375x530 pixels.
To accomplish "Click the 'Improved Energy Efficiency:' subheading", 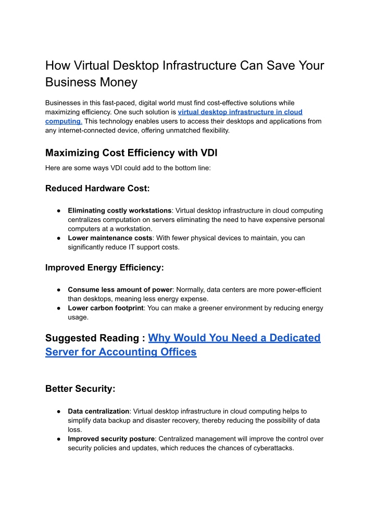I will (x=105, y=267).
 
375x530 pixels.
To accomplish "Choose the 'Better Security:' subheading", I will (x=80, y=389).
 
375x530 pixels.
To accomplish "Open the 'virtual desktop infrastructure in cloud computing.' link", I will (x=240, y=112).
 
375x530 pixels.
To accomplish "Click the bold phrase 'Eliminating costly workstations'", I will (x=120, y=211).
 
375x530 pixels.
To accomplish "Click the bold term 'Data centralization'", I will (x=98, y=411).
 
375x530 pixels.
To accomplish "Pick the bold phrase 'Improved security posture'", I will (x=110, y=439).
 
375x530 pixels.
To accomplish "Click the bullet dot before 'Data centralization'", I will (x=60, y=411).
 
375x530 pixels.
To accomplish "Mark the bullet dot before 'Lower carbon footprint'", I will (x=60, y=308).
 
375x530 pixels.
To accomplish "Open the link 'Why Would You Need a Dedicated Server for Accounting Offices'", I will (x=234, y=338).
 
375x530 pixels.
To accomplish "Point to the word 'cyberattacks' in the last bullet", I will (x=273, y=448).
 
